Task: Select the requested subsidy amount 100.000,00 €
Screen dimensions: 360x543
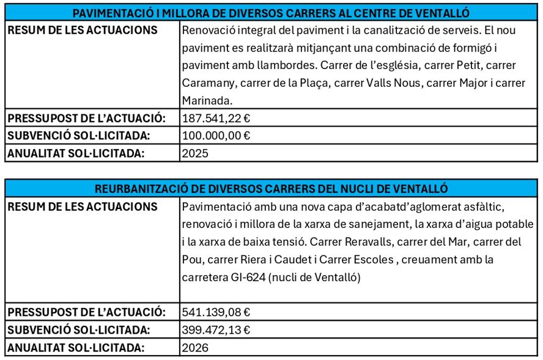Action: tap(216, 136)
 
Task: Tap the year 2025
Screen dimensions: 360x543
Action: tap(195, 153)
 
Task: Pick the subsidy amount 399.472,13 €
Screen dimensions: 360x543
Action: tap(216, 330)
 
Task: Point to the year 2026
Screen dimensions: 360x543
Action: tap(195, 348)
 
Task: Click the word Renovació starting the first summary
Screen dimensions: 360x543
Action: tap(209, 31)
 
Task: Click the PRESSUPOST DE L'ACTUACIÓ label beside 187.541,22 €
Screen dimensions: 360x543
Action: tap(86, 118)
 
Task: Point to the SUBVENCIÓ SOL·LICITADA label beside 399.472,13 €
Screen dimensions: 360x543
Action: tap(79, 330)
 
